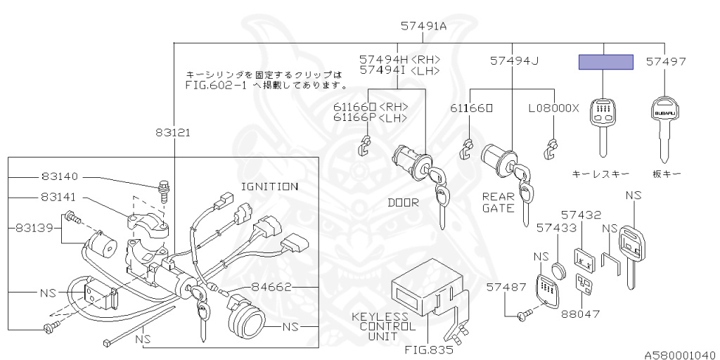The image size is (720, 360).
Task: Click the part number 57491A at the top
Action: pyautogui.click(x=424, y=26)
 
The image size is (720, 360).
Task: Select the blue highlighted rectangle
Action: pyautogui.click(x=605, y=62)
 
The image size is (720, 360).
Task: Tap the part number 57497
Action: pyautogui.click(x=666, y=62)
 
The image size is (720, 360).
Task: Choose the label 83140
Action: pyautogui.click(x=59, y=177)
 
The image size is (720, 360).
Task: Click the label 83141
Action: pyautogui.click(x=59, y=198)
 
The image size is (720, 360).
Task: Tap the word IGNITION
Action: pyautogui.click(x=269, y=186)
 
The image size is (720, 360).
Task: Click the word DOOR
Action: pyautogui.click(x=403, y=202)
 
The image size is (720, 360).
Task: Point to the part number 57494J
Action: pyautogui.click(x=514, y=61)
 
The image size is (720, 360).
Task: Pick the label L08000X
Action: pyautogui.click(x=554, y=108)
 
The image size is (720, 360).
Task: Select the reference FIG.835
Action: pyautogui.click(x=428, y=348)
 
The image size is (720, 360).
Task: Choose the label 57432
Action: pyautogui.click(x=581, y=214)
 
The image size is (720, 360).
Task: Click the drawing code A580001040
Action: pyautogui.click(x=679, y=354)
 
